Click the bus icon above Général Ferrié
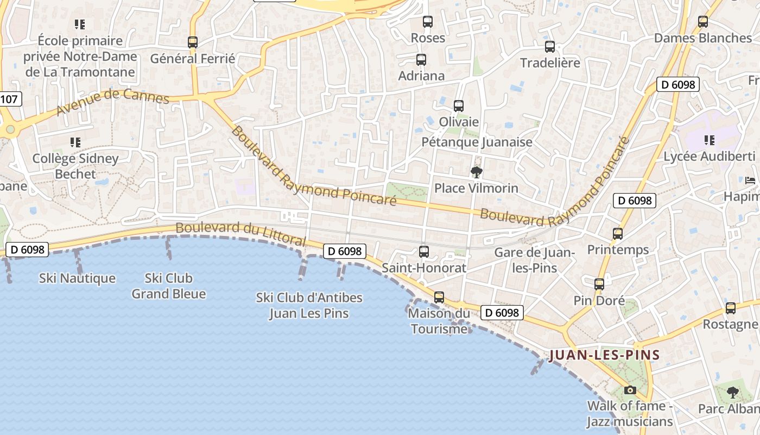click(x=192, y=42)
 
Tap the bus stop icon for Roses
click(x=428, y=22)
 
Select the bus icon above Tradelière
click(x=550, y=47)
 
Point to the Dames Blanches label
click(x=702, y=38)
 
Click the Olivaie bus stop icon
click(x=459, y=106)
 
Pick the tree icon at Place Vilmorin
click(x=477, y=172)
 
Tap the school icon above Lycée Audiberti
click(x=710, y=140)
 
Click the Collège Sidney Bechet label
click(x=75, y=166)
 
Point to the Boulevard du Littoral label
click(x=241, y=233)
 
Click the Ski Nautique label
click(x=77, y=278)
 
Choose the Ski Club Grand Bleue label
click(x=169, y=286)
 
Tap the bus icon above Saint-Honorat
click(x=424, y=252)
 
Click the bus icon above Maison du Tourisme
click(x=439, y=297)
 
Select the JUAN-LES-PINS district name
click(x=604, y=356)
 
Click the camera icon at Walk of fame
click(x=630, y=390)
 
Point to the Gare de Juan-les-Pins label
click(x=534, y=260)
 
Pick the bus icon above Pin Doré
click(x=599, y=284)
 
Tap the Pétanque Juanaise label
click(x=477, y=142)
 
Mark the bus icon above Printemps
click(x=618, y=234)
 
